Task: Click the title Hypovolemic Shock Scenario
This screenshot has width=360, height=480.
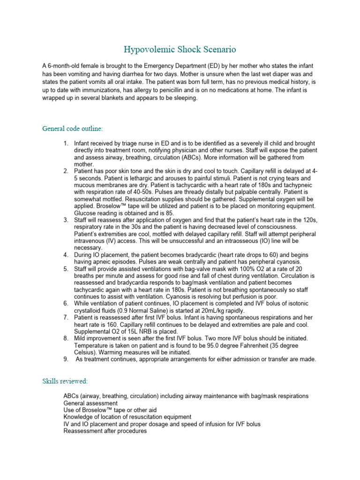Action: pos(180,49)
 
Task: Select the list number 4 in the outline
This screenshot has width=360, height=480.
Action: pos(66,255)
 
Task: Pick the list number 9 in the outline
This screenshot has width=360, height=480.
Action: pos(66,359)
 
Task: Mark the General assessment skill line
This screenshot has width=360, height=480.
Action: pos(90,403)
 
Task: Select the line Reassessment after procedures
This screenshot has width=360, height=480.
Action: pos(105,431)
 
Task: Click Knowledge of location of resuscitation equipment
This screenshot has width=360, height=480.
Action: pos(127,417)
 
